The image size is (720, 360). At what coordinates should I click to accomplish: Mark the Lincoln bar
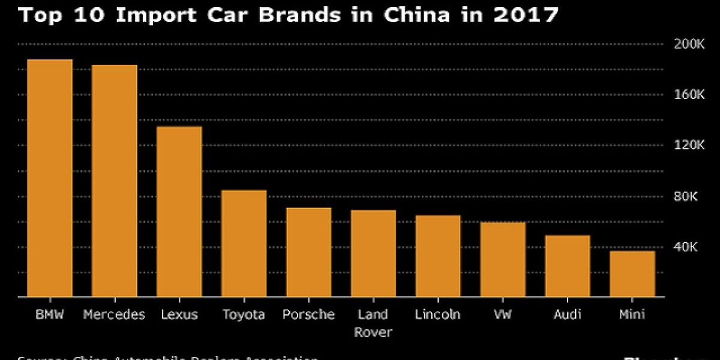[x=438, y=256]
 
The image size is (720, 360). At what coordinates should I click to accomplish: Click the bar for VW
[x=503, y=260]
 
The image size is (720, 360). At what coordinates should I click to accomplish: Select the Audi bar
[x=568, y=266]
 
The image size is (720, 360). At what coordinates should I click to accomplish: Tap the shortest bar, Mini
[x=632, y=274]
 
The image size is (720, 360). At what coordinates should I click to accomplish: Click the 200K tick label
[x=688, y=44]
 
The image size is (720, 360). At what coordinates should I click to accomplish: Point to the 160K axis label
[x=688, y=95]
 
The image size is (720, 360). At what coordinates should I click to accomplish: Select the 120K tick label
[x=688, y=145]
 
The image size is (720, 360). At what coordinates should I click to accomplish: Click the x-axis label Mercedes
[x=114, y=314]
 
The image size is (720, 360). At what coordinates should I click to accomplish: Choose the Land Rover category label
[x=373, y=323]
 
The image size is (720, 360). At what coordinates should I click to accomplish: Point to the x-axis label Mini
[x=632, y=314]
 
